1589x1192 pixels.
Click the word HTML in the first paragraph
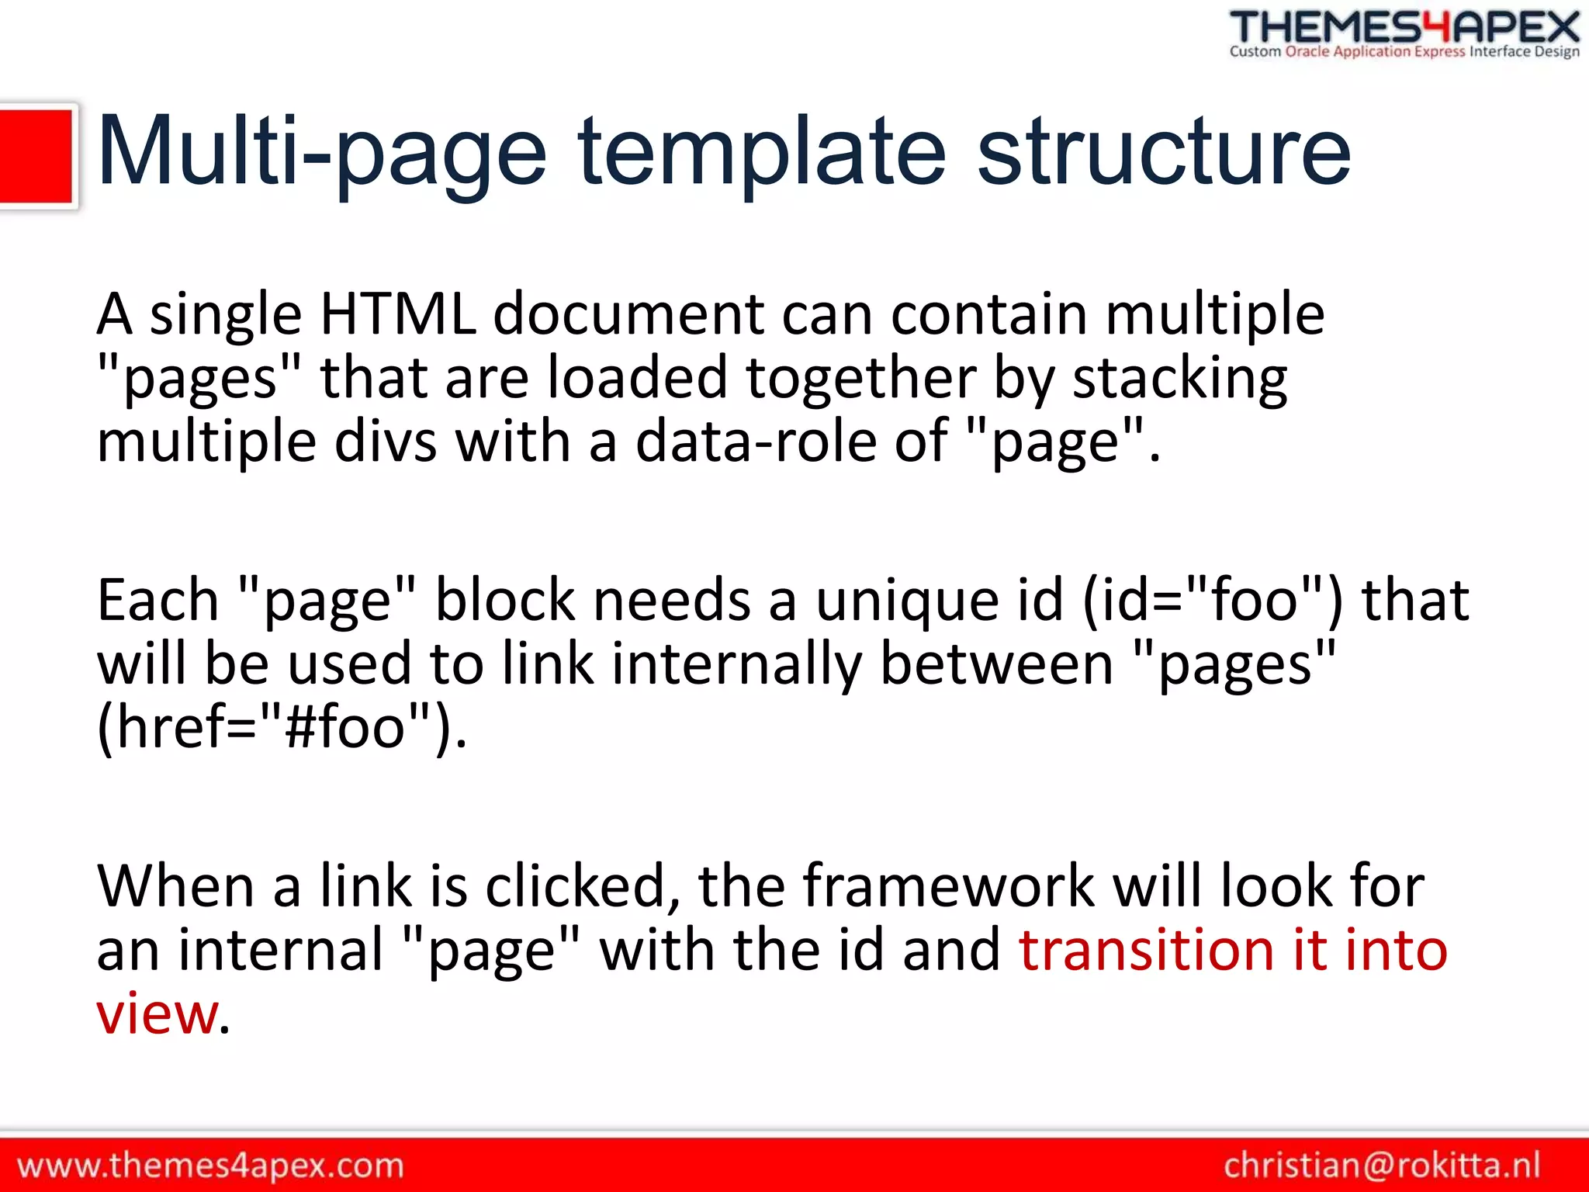pos(398,314)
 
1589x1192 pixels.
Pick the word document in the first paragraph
pos(628,314)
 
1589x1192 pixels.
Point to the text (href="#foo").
pos(282,728)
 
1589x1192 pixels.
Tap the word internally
pos(736,666)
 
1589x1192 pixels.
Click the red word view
pos(158,1015)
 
